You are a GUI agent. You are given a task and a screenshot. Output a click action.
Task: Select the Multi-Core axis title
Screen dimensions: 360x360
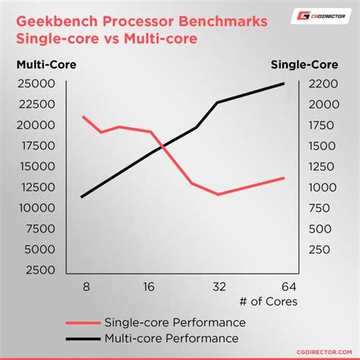pos(46,66)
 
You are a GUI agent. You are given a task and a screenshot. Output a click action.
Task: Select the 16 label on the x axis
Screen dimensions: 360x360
pos(149,287)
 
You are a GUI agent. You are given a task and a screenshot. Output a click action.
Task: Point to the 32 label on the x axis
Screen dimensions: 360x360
pos(218,287)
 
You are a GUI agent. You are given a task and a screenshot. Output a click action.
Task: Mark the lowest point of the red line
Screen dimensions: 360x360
pos(218,194)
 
